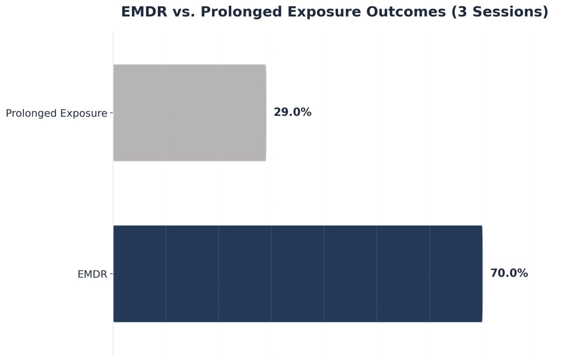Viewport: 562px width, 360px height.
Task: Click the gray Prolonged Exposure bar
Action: (189, 112)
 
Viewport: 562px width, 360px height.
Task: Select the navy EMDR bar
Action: (297, 274)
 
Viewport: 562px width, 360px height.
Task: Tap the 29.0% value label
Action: (292, 112)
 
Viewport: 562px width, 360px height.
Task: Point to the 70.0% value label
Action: (509, 273)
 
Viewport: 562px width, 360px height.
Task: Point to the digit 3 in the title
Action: (463, 12)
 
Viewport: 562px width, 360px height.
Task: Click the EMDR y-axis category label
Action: (92, 275)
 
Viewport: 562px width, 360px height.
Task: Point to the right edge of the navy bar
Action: (482, 274)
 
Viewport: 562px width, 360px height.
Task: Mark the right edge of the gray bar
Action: (266, 112)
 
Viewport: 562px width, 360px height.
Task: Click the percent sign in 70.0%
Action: (523, 273)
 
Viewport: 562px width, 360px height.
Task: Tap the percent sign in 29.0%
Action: (306, 112)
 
